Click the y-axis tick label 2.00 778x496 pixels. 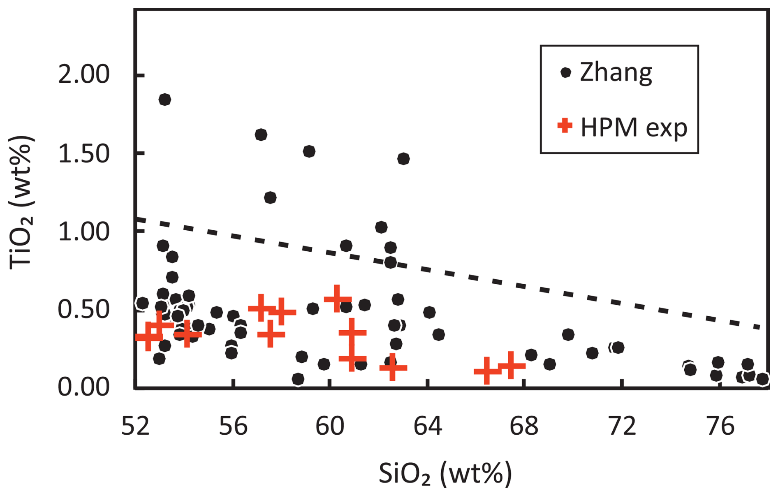point(83,75)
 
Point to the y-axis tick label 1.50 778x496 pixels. point(83,154)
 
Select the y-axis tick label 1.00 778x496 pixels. point(83,231)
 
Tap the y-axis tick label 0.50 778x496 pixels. point(83,309)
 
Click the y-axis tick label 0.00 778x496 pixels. point(83,387)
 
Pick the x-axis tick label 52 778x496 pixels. point(135,426)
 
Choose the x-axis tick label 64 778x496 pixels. point(428,426)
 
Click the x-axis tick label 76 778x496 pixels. point(720,426)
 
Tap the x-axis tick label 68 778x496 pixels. point(524,426)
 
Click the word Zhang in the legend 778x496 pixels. point(616,73)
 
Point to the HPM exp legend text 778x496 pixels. point(633,127)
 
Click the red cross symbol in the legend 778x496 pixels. point(565,125)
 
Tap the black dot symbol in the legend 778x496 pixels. point(566,73)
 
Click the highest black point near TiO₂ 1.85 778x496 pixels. point(165,100)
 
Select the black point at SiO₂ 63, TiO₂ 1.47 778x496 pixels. point(403,159)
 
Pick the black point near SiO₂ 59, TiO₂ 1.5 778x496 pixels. point(309,151)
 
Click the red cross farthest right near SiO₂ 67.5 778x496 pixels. point(511,365)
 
